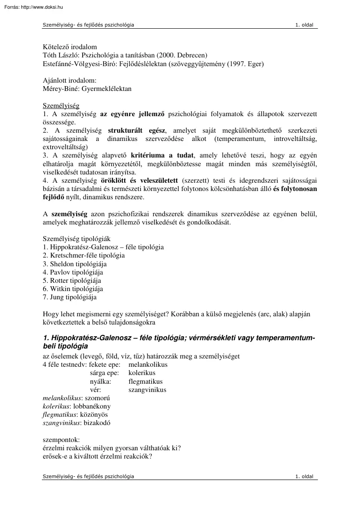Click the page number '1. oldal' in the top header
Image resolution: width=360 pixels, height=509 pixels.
[304, 25]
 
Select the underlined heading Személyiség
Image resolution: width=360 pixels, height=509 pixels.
[61, 106]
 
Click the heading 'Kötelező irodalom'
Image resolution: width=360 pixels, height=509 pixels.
[70, 47]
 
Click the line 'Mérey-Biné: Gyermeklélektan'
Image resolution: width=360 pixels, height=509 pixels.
[87, 89]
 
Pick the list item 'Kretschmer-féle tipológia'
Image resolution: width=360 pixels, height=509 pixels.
[84, 255]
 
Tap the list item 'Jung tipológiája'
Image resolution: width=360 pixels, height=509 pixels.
[70, 297]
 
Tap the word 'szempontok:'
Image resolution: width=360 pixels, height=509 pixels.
[61, 440]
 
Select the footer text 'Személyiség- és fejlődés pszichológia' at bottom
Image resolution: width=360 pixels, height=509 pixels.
[88, 476]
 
